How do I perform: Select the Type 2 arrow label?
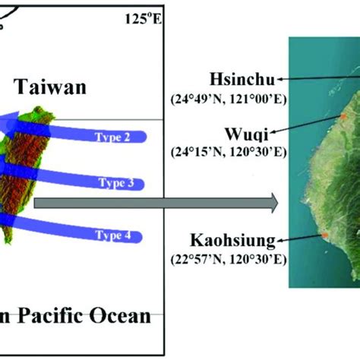coord(112,137)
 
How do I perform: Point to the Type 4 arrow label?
coord(113,235)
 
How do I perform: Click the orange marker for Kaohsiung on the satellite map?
coord(325,235)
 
